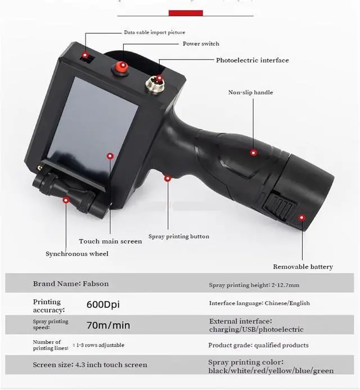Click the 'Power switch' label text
(x=201, y=44)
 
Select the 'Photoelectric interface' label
(x=253, y=60)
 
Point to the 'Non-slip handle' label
(x=250, y=92)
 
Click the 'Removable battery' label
(x=303, y=267)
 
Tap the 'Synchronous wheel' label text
(x=77, y=254)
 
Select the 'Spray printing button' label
(x=178, y=236)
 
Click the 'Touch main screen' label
(x=110, y=241)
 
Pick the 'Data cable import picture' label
(x=154, y=33)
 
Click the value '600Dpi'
(x=103, y=304)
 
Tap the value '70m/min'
(x=108, y=325)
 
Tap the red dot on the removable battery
(x=301, y=217)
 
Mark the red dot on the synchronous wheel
(x=66, y=200)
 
